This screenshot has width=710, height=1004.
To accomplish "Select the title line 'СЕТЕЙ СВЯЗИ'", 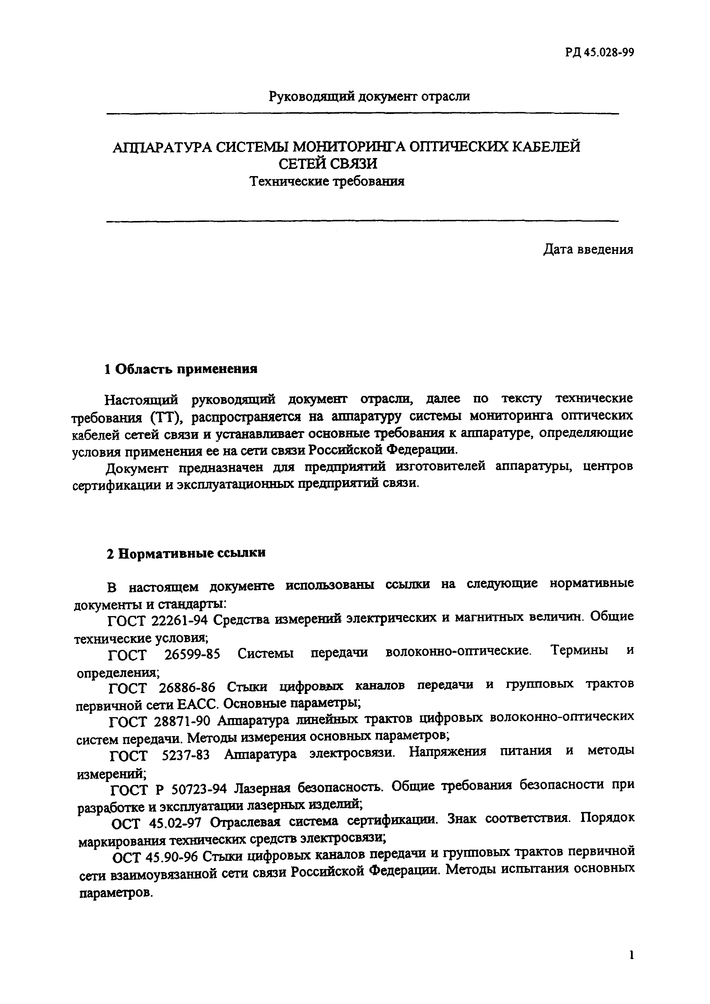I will click(328, 164).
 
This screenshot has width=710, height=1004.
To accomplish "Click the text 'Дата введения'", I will click(588, 249).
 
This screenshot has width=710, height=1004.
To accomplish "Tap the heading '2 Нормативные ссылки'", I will click(186, 553).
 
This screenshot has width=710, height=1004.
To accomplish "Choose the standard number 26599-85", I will click(192, 655).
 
